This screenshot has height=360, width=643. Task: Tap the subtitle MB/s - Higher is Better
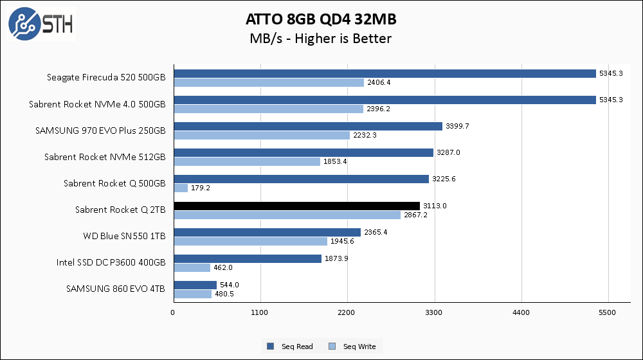[x=320, y=39]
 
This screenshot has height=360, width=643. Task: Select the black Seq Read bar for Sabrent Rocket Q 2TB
[x=296, y=206]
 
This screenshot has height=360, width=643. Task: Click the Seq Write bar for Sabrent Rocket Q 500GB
[x=181, y=188]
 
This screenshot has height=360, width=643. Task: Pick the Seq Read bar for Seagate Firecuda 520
[x=385, y=73]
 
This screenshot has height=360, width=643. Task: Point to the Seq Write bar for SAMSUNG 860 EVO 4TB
[x=192, y=294]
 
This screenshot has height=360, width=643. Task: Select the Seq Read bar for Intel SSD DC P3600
[x=248, y=258]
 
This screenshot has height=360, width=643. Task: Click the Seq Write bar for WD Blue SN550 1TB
[x=251, y=241]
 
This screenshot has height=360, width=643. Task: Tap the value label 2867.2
[x=415, y=215]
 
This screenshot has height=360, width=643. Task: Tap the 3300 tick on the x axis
[x=435, y=313]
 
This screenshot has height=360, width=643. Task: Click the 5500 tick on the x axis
[x=608, y=313]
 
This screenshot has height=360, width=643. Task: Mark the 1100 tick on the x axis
[x=260, y=313]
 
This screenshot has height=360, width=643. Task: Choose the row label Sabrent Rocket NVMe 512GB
[x=105, y=157]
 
